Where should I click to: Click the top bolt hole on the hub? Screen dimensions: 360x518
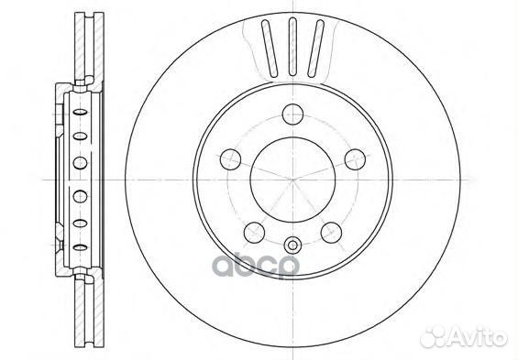pyautogui.click(x=292, y=115)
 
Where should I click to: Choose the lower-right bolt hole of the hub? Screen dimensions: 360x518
pyautogui.click(x=328, y=230)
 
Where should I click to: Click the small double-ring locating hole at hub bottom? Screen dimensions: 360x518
pyautogui.click(x=292, y=245)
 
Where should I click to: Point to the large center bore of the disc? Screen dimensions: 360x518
pyautogui.click(x=292, y=179)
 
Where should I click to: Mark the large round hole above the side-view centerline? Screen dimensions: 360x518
pyautogui.click(x=78, y=163)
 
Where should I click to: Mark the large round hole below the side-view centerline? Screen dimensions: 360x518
pyautogui.click(x=78, y=195)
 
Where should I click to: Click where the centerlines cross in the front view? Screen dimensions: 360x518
pyautogui.click(x=292, y=179)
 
